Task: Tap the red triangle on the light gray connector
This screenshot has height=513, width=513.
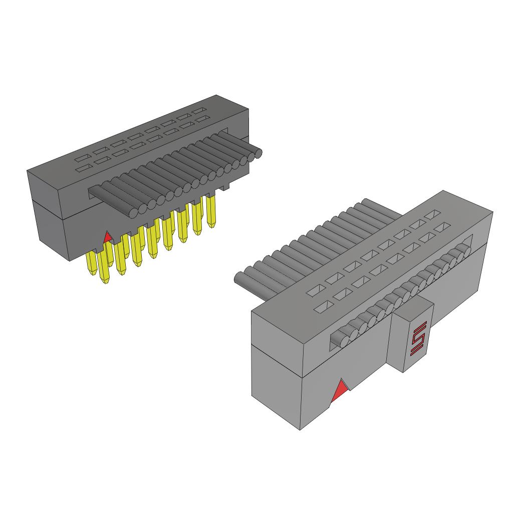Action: point(340,391)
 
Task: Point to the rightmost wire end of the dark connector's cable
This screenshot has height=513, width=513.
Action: point(258,154)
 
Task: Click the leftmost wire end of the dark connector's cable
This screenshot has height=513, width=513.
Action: point(133,213)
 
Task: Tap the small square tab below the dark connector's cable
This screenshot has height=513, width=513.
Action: point(225,187)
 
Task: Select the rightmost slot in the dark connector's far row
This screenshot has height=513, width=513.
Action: point(199,110)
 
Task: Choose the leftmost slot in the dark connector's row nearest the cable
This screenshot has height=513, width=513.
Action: point(83,168)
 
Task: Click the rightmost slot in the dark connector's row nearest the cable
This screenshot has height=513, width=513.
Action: point(202,119)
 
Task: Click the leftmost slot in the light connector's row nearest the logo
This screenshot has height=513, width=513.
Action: point(327,304)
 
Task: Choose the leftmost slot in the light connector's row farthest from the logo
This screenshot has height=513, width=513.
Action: point(316,290)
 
